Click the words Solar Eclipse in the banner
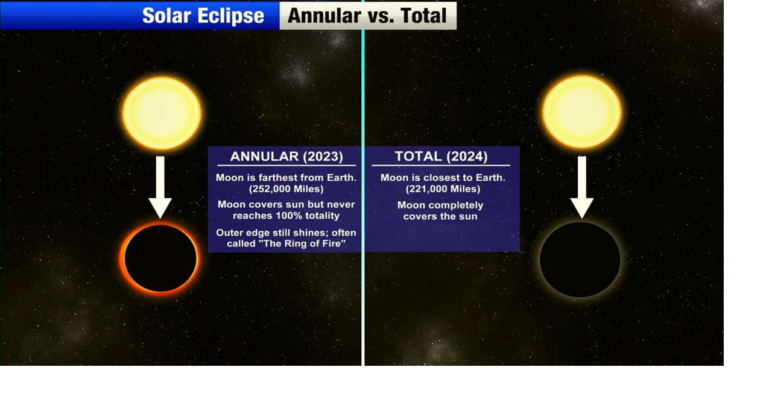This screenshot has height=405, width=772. click(x=203, y=16)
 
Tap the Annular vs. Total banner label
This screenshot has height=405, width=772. click(x=367, y=16)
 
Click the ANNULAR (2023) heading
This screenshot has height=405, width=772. click(x=286, y=157)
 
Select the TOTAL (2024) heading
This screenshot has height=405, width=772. click(x=441, y=157)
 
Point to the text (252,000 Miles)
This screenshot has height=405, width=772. click(x=286, y=189)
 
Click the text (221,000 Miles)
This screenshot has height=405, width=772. click(x=443, y=189)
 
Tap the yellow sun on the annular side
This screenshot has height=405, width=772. click(x=162, y=113)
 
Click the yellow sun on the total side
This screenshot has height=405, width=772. click(x=582, y=111)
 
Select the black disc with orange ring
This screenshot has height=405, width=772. click(x=160, y=258)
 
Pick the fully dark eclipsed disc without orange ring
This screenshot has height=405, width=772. click(x=580, y=259)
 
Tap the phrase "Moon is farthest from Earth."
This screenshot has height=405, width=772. click(x=286, y=178)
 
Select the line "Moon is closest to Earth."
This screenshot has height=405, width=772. click(x=443, y=178)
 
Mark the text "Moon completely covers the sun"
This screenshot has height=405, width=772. click(x=440, y=210)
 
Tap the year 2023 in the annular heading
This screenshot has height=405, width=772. click(x=323, y=157)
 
